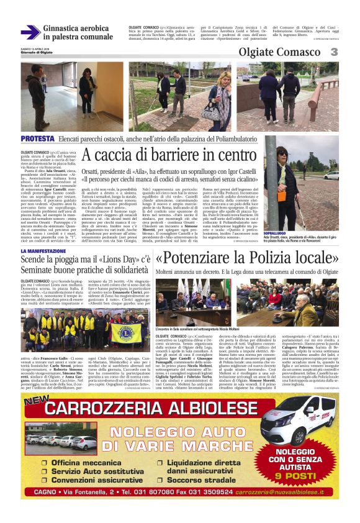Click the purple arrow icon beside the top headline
coord(30,32)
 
